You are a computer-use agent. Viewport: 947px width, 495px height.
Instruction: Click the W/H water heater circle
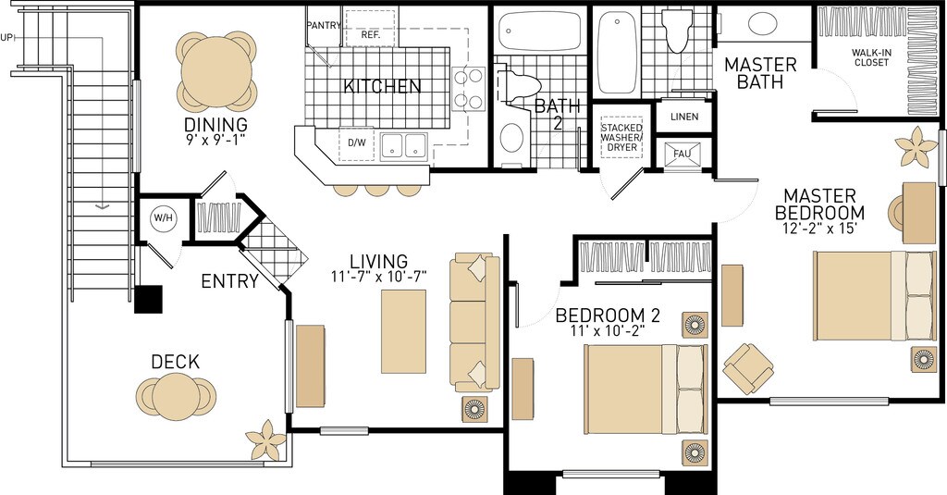[x=163, y=218]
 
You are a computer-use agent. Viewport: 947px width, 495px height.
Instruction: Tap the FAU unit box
[x=683, y=154]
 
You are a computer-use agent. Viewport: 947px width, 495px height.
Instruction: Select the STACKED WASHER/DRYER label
[x=622, y=137]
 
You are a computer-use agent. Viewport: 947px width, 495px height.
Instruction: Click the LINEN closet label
[x=683, y=117]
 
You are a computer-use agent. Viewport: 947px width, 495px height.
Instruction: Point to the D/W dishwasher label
[x=357, y=142]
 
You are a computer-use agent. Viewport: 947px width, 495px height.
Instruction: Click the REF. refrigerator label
[x=371, y=34]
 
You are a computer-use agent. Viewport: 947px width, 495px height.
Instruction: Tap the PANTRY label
[x=324, y=25]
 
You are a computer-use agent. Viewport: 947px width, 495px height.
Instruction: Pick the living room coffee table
[x=403, y=330]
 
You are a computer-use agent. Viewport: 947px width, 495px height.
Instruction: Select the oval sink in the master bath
[x=763, y=24]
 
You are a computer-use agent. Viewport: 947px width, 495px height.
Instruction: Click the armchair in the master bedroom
[x=747, y=367]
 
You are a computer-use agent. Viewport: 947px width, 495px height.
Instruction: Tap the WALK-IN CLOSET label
[x=870, y=57]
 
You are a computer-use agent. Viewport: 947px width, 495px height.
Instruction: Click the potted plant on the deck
[x=265, y=440]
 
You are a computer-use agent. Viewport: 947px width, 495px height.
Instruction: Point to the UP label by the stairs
[x=7, y=38]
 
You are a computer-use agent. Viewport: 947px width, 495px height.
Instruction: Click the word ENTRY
[x=229, y=281]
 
